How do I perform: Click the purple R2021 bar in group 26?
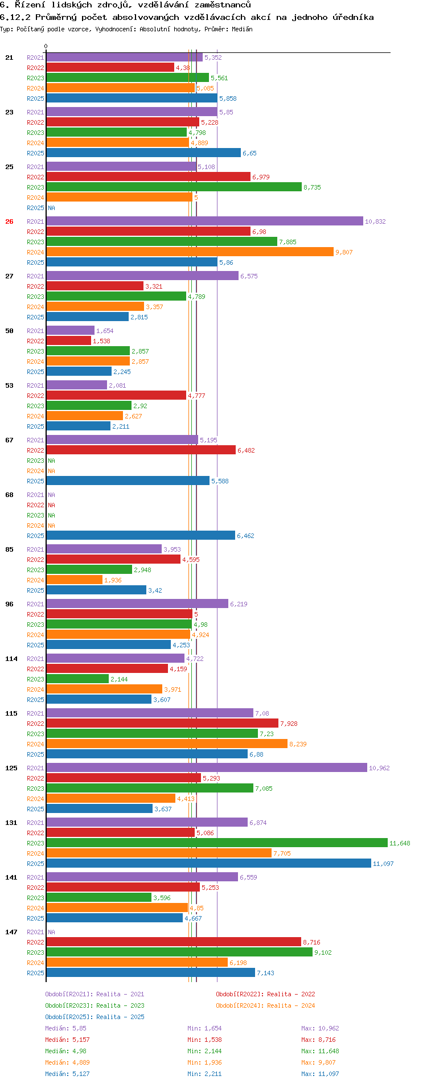tap(204, 221)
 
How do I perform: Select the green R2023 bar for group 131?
tap(217, 843)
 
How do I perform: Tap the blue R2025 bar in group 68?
tap(141, 536)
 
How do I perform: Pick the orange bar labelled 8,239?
tap(167, 744)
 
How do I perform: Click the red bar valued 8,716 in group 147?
tap(174, 942)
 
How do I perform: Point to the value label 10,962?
tap(379, 768)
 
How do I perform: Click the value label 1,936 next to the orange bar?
tap(113, 580)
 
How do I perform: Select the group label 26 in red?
tap(9, 221)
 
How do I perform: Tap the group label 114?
tap(11, 659)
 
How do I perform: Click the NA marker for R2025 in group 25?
tap(51, 208)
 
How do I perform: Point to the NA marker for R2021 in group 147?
tap(51, 932)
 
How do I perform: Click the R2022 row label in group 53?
tap(35, 396)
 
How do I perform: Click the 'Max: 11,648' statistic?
tap(320, 1051)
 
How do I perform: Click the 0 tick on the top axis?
tap(46, 47)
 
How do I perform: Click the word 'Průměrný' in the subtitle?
tap(56, 17)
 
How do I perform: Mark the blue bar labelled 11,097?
tap(208, 864)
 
